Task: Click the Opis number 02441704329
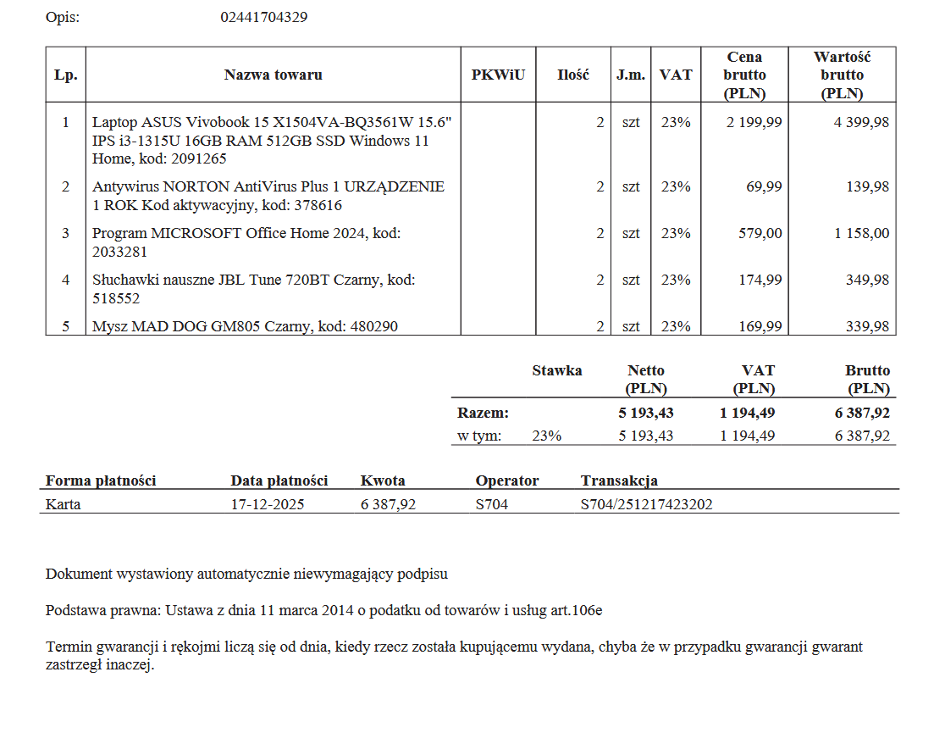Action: click(263, 17)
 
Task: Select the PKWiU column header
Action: click(498, 75)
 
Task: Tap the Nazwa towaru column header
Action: click(273, 75)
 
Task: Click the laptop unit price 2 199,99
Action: click(754, 122)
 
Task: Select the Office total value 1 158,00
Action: click(862, 233)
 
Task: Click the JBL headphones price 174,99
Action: click(760, 280)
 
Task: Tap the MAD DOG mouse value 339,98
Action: click(867, 326)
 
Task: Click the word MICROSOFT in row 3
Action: click(194, 233)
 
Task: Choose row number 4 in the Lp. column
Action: click(65, 280)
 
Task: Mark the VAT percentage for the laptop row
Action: click(676, 122)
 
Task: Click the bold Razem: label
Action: click(483, 414)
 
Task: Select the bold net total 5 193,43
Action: click(646, 414)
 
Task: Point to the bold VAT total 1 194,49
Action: click(747, 414)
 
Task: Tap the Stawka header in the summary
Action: click(556, 370)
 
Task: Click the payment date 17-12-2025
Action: click(268, 504)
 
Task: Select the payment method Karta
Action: click(64, 504)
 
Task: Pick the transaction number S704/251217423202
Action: click(646, 504)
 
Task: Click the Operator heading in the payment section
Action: click(506, 480)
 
